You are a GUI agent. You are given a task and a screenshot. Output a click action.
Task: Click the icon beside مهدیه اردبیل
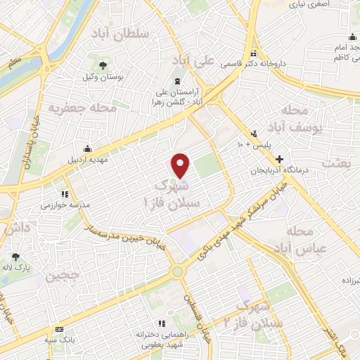[x=86, y=148]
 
